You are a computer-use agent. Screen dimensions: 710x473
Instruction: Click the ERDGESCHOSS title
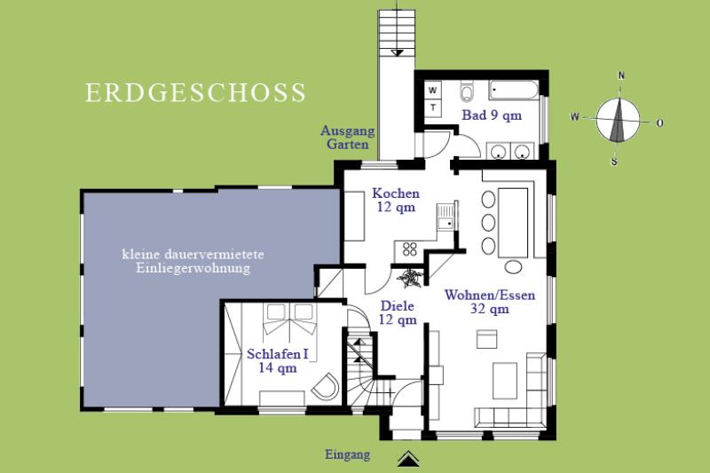[195, 93]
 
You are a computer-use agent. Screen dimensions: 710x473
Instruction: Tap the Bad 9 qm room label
[492, 115]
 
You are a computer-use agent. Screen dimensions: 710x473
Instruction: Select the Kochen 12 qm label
[396, 200]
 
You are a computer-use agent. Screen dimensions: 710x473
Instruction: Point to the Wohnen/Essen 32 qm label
[490, 302]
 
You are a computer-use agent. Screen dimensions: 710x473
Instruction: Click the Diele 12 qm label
[398, 312]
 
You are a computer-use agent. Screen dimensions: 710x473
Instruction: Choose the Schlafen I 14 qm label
[278, 361]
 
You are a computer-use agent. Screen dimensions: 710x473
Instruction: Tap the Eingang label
[347, 454]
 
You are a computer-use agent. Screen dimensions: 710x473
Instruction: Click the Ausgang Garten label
[348, 138]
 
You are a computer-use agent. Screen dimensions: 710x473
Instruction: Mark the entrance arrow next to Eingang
[408, 459]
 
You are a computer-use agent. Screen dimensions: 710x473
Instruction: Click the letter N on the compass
[621, 75]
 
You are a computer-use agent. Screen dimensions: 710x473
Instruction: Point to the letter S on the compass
[614, 162]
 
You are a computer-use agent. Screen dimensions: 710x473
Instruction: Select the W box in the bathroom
[433, 90]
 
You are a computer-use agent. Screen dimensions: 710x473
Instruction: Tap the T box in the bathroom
[433, 107]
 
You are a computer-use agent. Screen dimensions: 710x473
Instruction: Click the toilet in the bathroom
[467, 92]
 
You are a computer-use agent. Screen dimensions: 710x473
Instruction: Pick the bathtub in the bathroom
[514, 91]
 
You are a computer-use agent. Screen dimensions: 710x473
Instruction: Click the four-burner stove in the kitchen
[410, 248]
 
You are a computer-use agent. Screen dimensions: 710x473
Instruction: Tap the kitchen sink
[446, 217]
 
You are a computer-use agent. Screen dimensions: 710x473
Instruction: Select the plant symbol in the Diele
[409, 278]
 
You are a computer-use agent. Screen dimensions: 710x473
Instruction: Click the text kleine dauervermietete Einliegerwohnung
[193, 261]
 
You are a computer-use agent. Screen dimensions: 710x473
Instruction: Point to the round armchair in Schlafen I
[326, 386]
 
